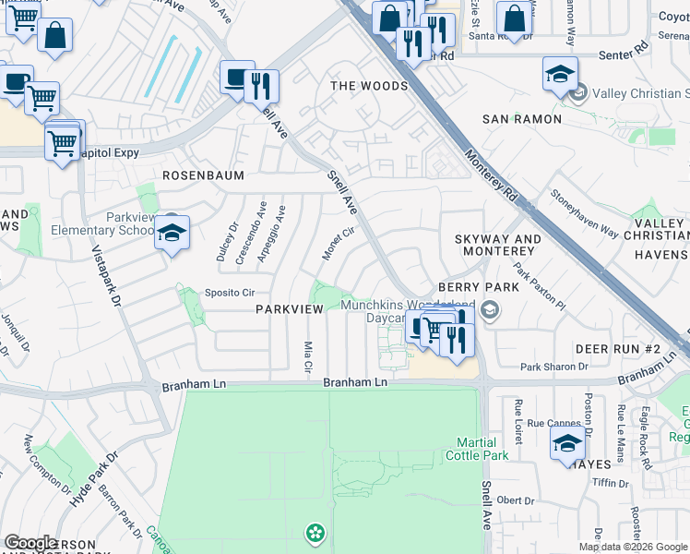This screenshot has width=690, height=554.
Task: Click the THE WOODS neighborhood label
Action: (369, 86)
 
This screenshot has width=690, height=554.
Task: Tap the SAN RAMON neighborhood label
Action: (522, 119)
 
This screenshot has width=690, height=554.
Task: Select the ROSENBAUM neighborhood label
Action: (203, 175)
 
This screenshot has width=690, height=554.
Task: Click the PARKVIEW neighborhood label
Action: (290, 310)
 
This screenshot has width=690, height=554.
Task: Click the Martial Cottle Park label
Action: (477, 450)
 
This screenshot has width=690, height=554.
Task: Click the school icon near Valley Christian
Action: (559, 74)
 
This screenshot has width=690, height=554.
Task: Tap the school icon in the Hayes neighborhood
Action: (567, 443)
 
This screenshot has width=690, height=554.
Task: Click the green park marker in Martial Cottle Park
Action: (315, 532)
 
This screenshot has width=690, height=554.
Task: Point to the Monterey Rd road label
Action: (490, 175)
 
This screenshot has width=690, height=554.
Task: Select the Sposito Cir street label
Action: (229, 292)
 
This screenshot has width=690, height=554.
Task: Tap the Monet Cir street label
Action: (337, 244)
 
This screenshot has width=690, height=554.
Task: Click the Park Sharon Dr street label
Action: (553, 367)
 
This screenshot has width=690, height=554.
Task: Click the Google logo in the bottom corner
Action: (30, 543)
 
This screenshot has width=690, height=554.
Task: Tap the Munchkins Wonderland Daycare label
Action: (407, 310)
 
